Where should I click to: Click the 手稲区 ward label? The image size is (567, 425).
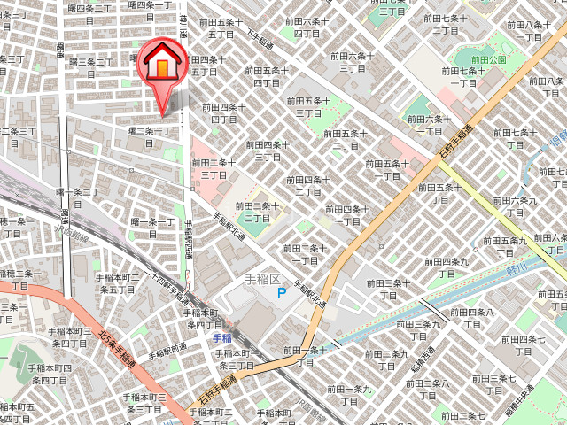point(261,279)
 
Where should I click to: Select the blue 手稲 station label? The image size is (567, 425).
point(221,338)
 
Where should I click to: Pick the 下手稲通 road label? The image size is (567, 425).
point(260,40)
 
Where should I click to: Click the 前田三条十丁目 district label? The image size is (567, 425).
point(389,289)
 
